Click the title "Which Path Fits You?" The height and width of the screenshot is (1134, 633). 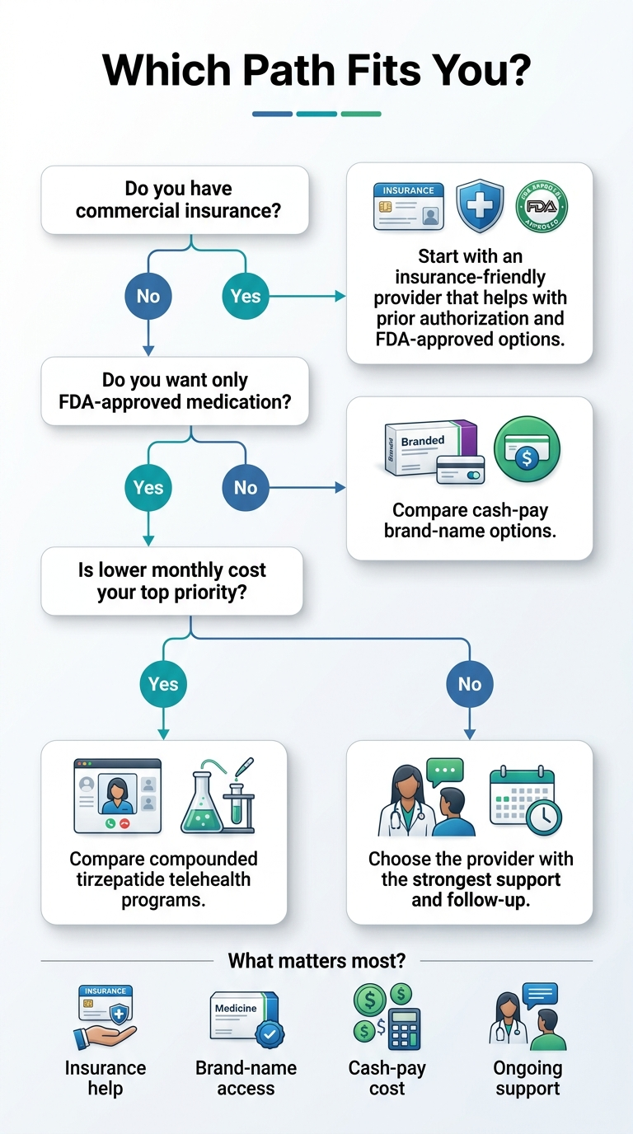coord(316,70)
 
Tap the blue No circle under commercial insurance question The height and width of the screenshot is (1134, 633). coord(148,296)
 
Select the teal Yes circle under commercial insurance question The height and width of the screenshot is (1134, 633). coord(246,296)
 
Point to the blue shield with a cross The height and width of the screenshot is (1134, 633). coord(480,206)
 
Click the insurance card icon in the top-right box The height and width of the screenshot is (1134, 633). coord(408,207)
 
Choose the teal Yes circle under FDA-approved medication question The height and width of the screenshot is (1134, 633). coord(148,487)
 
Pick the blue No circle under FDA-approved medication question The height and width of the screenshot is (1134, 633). coord(246,487)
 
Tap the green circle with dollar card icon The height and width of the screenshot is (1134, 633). coord(527,449)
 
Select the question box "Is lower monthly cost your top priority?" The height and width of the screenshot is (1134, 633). coord(171,581)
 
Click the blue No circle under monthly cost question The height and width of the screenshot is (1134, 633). coord(470,683)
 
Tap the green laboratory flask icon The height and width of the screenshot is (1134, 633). coord(216,796)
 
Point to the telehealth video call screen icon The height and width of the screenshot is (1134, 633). coord(118,795)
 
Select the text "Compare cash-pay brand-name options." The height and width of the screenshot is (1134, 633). coord(470,520)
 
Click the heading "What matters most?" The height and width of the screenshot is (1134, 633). coord(316,960)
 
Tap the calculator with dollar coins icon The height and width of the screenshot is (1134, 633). coord(387,1019)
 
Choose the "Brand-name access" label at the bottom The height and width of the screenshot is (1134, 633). coord(246,1078)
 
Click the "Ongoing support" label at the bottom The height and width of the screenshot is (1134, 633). coord(527,1078)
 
